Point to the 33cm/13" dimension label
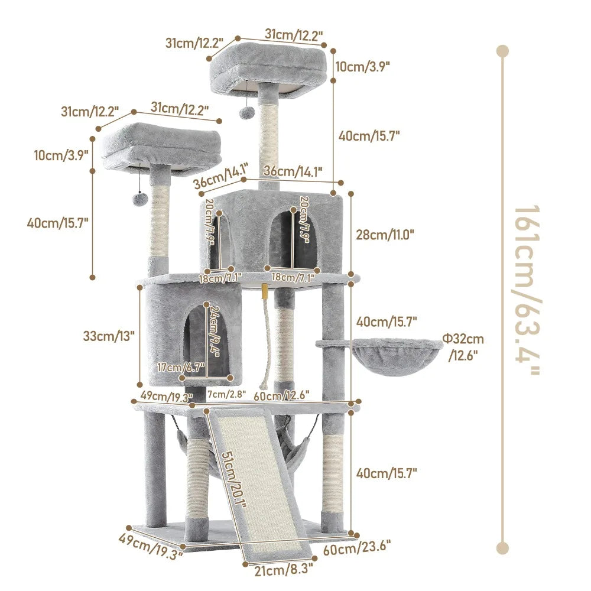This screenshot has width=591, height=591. [x=109, y=335]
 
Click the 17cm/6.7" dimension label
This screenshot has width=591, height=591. [x=181, y=368]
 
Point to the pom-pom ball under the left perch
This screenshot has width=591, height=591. [x=139, y=201]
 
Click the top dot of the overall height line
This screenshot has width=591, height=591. [x=502, y=51]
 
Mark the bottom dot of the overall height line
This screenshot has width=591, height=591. [x=502, y=548]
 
